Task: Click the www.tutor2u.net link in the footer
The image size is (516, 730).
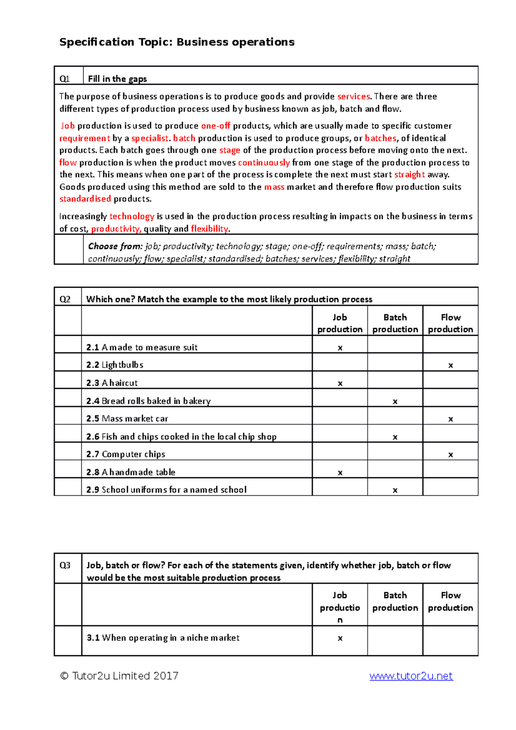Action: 411,676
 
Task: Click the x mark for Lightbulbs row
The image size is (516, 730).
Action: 450,365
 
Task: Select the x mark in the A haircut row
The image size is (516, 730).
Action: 340,383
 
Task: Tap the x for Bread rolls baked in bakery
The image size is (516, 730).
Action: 395,402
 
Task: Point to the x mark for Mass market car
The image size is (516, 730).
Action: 450,419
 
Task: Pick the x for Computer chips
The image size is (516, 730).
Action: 450,455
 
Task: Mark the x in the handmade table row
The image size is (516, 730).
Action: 340,473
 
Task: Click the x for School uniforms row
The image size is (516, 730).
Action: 395,490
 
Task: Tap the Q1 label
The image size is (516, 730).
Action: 64,79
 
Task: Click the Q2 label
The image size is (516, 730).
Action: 64,299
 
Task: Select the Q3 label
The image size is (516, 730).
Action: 64,565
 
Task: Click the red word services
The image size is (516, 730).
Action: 353,96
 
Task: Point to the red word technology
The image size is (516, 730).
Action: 132,216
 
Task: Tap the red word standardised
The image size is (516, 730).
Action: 85,199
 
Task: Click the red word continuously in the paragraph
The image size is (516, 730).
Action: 264,163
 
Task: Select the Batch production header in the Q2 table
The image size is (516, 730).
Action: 395,323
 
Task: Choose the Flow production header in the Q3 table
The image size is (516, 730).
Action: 450,601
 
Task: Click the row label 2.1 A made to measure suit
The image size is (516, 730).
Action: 141,347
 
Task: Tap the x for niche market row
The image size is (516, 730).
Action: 340,638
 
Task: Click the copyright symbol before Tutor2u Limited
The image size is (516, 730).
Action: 64,676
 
